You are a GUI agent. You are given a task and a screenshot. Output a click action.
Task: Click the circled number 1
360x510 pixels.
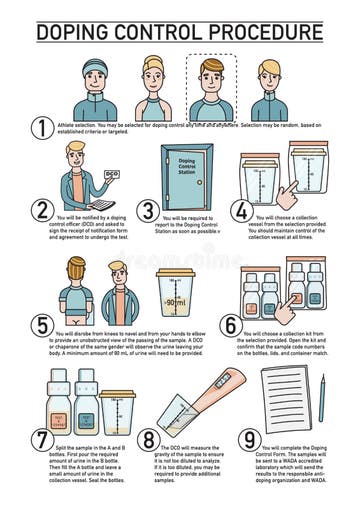point(41,127)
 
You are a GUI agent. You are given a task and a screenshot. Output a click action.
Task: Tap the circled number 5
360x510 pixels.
point(41,326)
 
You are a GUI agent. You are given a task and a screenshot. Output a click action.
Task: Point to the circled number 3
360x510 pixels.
point(149,211)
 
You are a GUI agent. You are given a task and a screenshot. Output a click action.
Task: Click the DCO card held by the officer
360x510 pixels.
point(112,174)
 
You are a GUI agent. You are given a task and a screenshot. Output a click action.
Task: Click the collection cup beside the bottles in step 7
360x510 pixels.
point(117,412)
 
